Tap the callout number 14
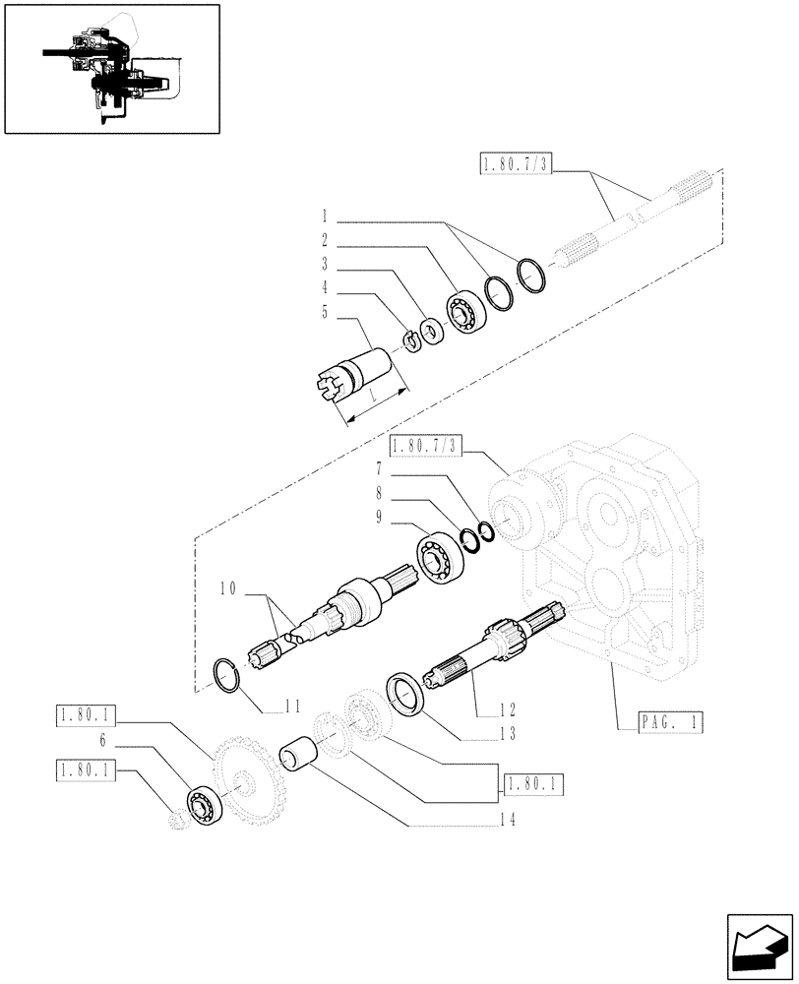[x=507, y=818]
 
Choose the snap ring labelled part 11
[x=229, y=677]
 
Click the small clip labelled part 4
[x=411, y=341]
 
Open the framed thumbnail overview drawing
[x=111, y=68]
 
